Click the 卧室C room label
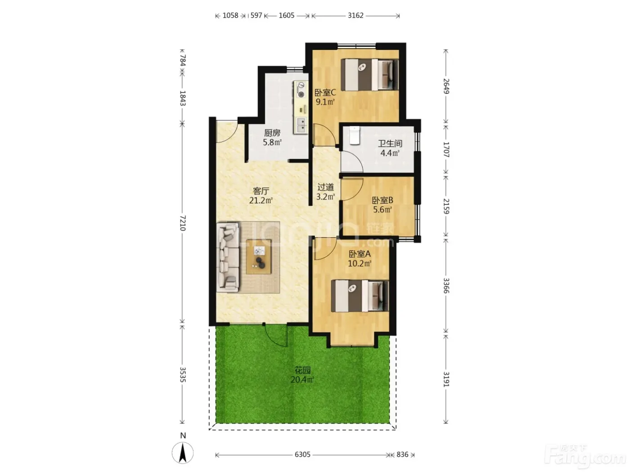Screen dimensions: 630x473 coord(325,93)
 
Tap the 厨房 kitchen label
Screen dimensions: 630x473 coord(272,133)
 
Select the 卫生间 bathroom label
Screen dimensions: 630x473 coord(390,143)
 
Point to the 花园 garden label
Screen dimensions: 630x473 coord(302,370)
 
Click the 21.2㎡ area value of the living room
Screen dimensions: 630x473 coord(261,200)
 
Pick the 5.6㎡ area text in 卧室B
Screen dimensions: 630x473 coord(382,209)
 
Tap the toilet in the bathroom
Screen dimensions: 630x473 coord(355,135)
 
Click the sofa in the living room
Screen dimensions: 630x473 coord(229,257)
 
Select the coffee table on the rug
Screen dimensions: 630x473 coord(259,257)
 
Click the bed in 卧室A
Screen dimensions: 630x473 coord(360,296)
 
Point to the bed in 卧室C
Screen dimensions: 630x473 coord(372,75)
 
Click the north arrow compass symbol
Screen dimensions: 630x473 coord(183,453)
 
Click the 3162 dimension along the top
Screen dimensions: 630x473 coord(355,15)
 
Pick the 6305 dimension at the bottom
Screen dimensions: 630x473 coord(302,455)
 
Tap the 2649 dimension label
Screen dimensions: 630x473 coord(446,86)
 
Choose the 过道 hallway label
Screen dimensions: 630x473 coord(325,187)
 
